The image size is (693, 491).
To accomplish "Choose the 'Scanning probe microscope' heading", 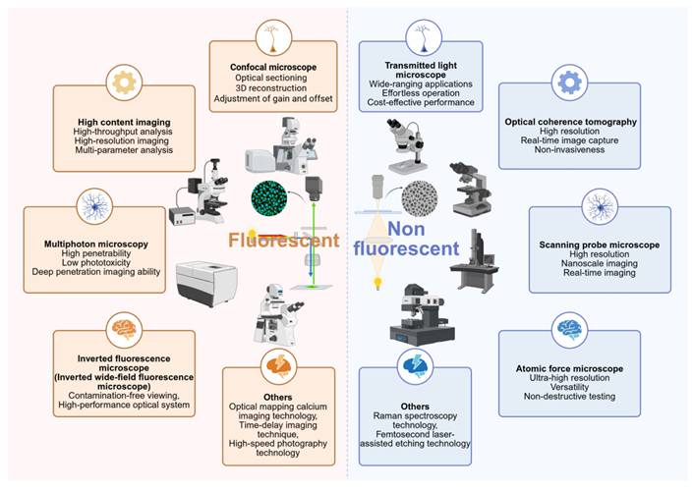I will [x=600, y=243].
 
